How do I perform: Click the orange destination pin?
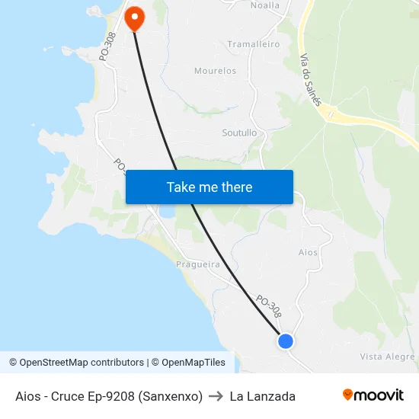(x=134, y=18)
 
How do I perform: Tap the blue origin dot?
(x=286, y=341)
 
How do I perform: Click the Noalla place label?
(x=265, y=5)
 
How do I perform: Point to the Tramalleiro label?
(x=254, y=44)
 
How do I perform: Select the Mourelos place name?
(x=215, y=71)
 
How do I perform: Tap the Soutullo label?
(x=239, y=133)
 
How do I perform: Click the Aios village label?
(x=308, y=252)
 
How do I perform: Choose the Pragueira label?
(x=198, y=265)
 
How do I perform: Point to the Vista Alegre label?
(x=387, y=357)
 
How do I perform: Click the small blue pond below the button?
(x=165, y=210)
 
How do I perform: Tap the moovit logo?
(x=373, y=395)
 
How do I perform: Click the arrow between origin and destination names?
(x=216, y=396)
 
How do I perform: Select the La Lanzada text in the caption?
(x=262, y=396)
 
